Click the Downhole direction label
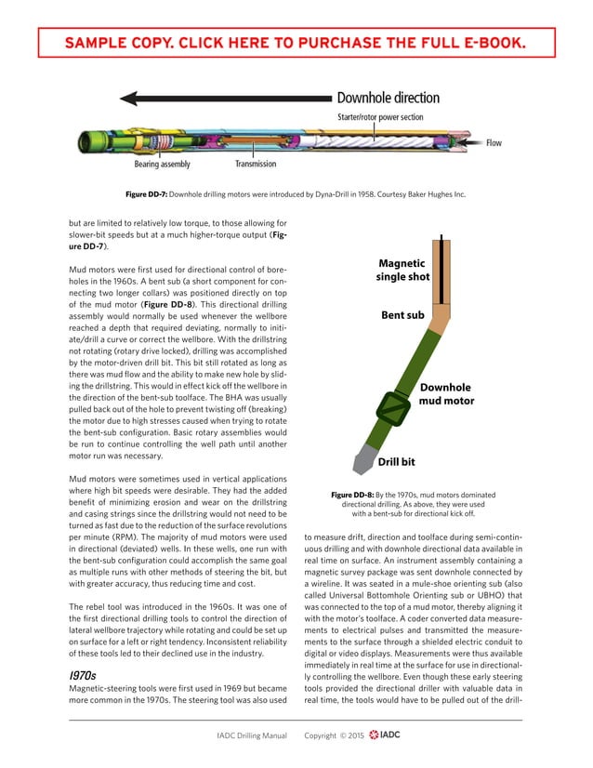pyautogui.click(x=388, y=98)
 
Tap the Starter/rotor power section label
pyautogui.click(x=379, y=117)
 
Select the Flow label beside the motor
pyautogui.click(x=494, y=143)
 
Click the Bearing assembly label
pyautogui.click(x=162, y=165)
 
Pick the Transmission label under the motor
pyautogui.click(x=256, y=165)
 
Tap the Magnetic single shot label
pyautogui.click(x=402, y=270)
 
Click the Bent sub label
pyautogui.click(x=403, y=315)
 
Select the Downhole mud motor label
pyautogui.click(x=446, y=394)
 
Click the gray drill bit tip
pyautogui.click(x=358, y=461)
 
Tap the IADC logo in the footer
pyautogui.click(x=384, y=735)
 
